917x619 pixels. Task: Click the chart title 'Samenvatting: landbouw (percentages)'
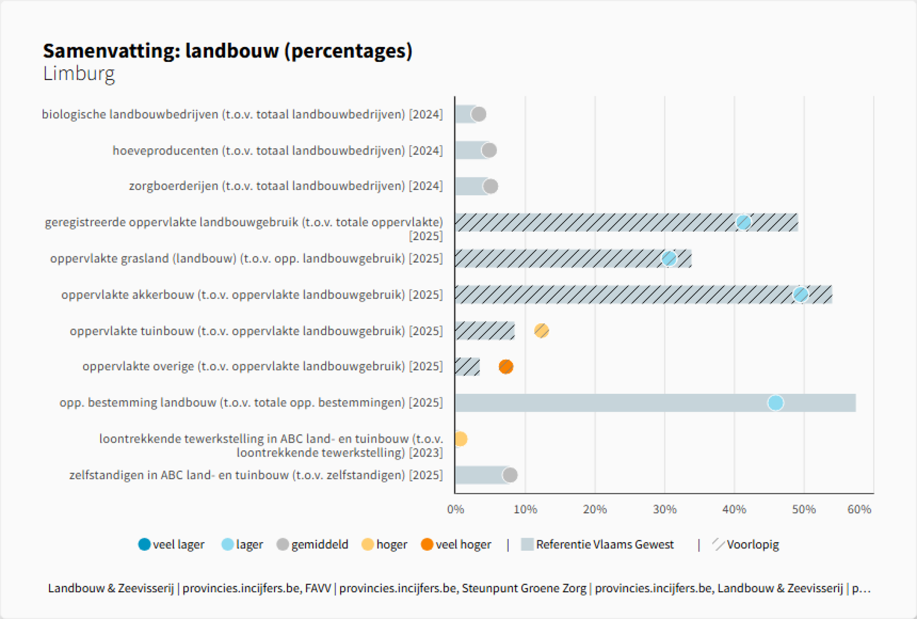coord(228,51)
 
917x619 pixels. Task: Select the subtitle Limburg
coord(79,74)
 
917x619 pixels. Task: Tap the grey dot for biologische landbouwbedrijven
coord(478,114)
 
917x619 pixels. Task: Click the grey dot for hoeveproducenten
coord(489,150)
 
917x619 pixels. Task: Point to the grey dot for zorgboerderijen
coord(490,186)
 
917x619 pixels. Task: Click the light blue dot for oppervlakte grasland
coord(669,259)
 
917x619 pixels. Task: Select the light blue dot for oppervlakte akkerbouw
coord(800,294)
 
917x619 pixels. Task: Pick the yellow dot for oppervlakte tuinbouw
coord(541,331)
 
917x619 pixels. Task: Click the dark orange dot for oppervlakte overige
coord(506,367)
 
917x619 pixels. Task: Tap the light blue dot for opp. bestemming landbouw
coord(776,402)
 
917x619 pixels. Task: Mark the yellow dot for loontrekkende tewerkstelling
coord(460,439)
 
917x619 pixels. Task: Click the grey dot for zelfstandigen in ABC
coord(510,475)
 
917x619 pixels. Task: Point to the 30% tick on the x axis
coord(664,510)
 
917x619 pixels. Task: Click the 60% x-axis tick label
coord(859,510)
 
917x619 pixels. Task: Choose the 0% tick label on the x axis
coord(455,510)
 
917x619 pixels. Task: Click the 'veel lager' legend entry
coord(172,544)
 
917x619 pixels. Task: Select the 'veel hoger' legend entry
coord(456,544)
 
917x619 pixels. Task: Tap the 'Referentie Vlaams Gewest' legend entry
coord(597,544)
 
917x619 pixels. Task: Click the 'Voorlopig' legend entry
coord(746,544)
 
